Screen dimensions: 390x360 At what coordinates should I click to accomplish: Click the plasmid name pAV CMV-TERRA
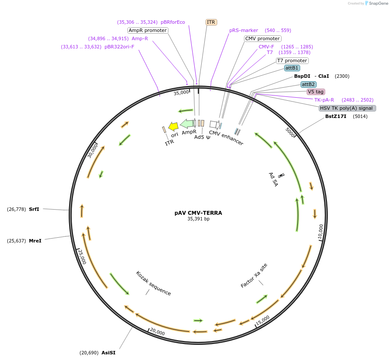pyautogui.click(x=198, y=213)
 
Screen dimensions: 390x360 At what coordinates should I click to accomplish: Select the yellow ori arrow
pyautogui.click(x=173, y=127)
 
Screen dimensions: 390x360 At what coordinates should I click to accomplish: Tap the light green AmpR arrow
pyautogui.click(x=187, y=124)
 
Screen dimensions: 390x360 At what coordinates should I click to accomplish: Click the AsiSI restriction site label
pyautogui.click(x=108, y=353)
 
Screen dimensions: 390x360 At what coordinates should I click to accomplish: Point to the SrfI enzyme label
pyautogui.click(x=34, y=209)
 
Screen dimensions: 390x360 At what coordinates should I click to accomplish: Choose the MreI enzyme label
pyautogui.click(x=35, y=241)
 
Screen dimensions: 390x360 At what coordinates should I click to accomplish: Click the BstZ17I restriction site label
pyautogui.click(x=336, y=116)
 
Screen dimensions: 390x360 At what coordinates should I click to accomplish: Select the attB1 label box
pyautogui.click(x=292, y=68)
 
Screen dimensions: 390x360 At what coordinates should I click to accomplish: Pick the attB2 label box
pyautogui.click(x=308, y=84)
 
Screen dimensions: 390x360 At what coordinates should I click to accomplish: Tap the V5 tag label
pyautogui.click(x=316, y=92)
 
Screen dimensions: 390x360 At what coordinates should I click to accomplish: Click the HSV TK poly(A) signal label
pyautogui.click(x=347, y=108)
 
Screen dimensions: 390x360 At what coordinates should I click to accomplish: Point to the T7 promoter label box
pyautogui.click(x=292, y=61)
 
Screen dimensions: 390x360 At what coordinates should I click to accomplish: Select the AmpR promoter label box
pyautogui.click(x=148, y=30)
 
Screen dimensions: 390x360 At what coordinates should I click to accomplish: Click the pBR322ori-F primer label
pyautogui.click(x=119, y=47)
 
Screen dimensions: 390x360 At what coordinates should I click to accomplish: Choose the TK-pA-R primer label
pyautogui.click(x=324, y=100)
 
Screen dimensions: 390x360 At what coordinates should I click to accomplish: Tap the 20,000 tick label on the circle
pyautogui.click(x=158, y=331)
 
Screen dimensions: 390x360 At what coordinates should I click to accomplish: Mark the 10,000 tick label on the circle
pyautogui.click(x=321, y=232)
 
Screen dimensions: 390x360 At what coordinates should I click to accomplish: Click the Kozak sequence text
pyautogui.click(x=153, y=284)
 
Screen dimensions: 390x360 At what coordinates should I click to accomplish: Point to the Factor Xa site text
pyautogui.click(x=254, y=275)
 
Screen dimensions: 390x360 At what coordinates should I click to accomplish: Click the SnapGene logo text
pyautogui.click(x=378, y=3)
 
